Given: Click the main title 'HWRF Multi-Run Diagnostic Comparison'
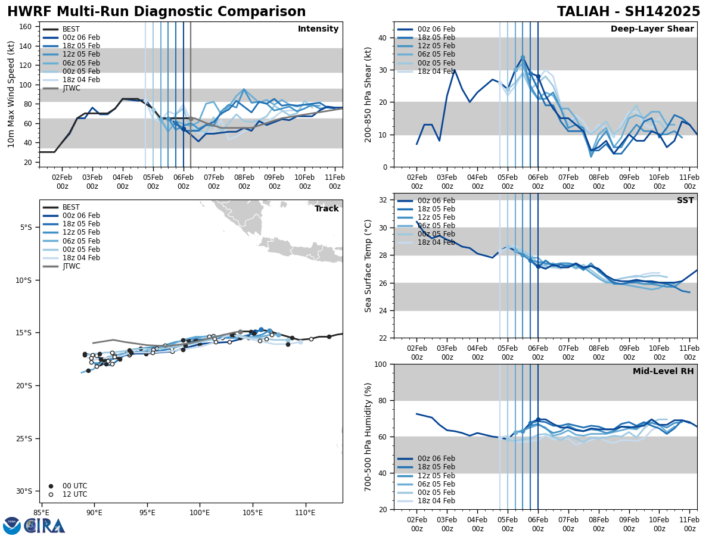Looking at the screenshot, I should pyautogui.click(x=156, y=12).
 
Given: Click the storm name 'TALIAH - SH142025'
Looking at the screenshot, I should pyautogui.click(x=629, y=12).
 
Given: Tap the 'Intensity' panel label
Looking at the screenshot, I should pyautogui.click(x=318, y=29).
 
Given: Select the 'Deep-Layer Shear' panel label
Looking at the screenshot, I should pyautogui.click(x=652, y=29).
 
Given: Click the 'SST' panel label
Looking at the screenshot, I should pyautogui.click(x=685, y=201).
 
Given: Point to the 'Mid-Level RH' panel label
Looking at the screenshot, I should pyautogui.click(x=663, y=372).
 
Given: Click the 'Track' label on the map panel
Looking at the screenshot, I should pyautogui.click(x=327, y=209).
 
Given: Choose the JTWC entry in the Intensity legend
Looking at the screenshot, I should pyautogui.click(x=71, y=88).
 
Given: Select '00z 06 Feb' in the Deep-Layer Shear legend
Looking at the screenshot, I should pyautogui.click(x=437, y=29).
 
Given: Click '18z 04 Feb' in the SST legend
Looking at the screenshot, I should pyautogui.click(x=437, y=242).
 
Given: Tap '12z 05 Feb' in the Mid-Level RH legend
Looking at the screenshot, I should pyautogui.click(x=437, y=476).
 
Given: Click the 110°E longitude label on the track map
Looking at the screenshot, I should pyautogui.click(x=305, y=512).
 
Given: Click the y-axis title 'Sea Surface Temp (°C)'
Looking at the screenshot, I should pyautogui.click(x=368, y=266).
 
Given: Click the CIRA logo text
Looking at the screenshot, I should pyautogui.click(x=45, y=526).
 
